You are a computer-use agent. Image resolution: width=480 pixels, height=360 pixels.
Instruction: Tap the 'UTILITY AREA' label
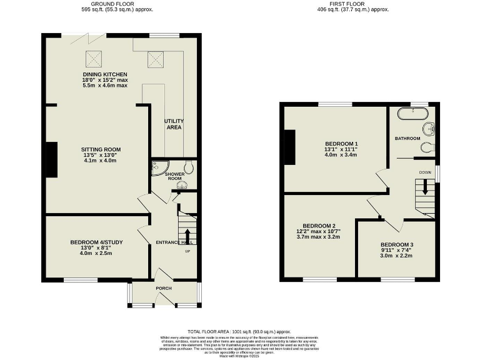click(173, 124)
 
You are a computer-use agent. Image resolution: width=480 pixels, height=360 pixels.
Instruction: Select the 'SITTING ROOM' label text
click(101, 149)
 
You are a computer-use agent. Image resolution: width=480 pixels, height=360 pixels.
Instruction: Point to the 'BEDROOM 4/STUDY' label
click(96, 242)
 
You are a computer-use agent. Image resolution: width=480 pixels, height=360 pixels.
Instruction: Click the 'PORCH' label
click(164, 288)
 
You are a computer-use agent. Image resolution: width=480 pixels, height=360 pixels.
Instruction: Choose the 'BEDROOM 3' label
click(397, 244)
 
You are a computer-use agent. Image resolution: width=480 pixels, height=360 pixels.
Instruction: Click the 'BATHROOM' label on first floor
click(407, 138)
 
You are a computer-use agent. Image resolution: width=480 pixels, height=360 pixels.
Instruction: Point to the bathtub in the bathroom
click(413, 114)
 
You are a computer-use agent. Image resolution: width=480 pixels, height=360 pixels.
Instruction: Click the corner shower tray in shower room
click(157, 169)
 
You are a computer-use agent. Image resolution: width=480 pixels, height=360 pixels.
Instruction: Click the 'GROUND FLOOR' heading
click(119, 3)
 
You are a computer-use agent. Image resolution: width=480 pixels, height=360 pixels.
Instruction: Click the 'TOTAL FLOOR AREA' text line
click(239, 331)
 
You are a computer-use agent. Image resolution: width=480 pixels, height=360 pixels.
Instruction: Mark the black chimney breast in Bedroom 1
click(289, 147)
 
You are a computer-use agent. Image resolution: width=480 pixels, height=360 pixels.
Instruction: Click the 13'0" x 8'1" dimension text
click(96, 247)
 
